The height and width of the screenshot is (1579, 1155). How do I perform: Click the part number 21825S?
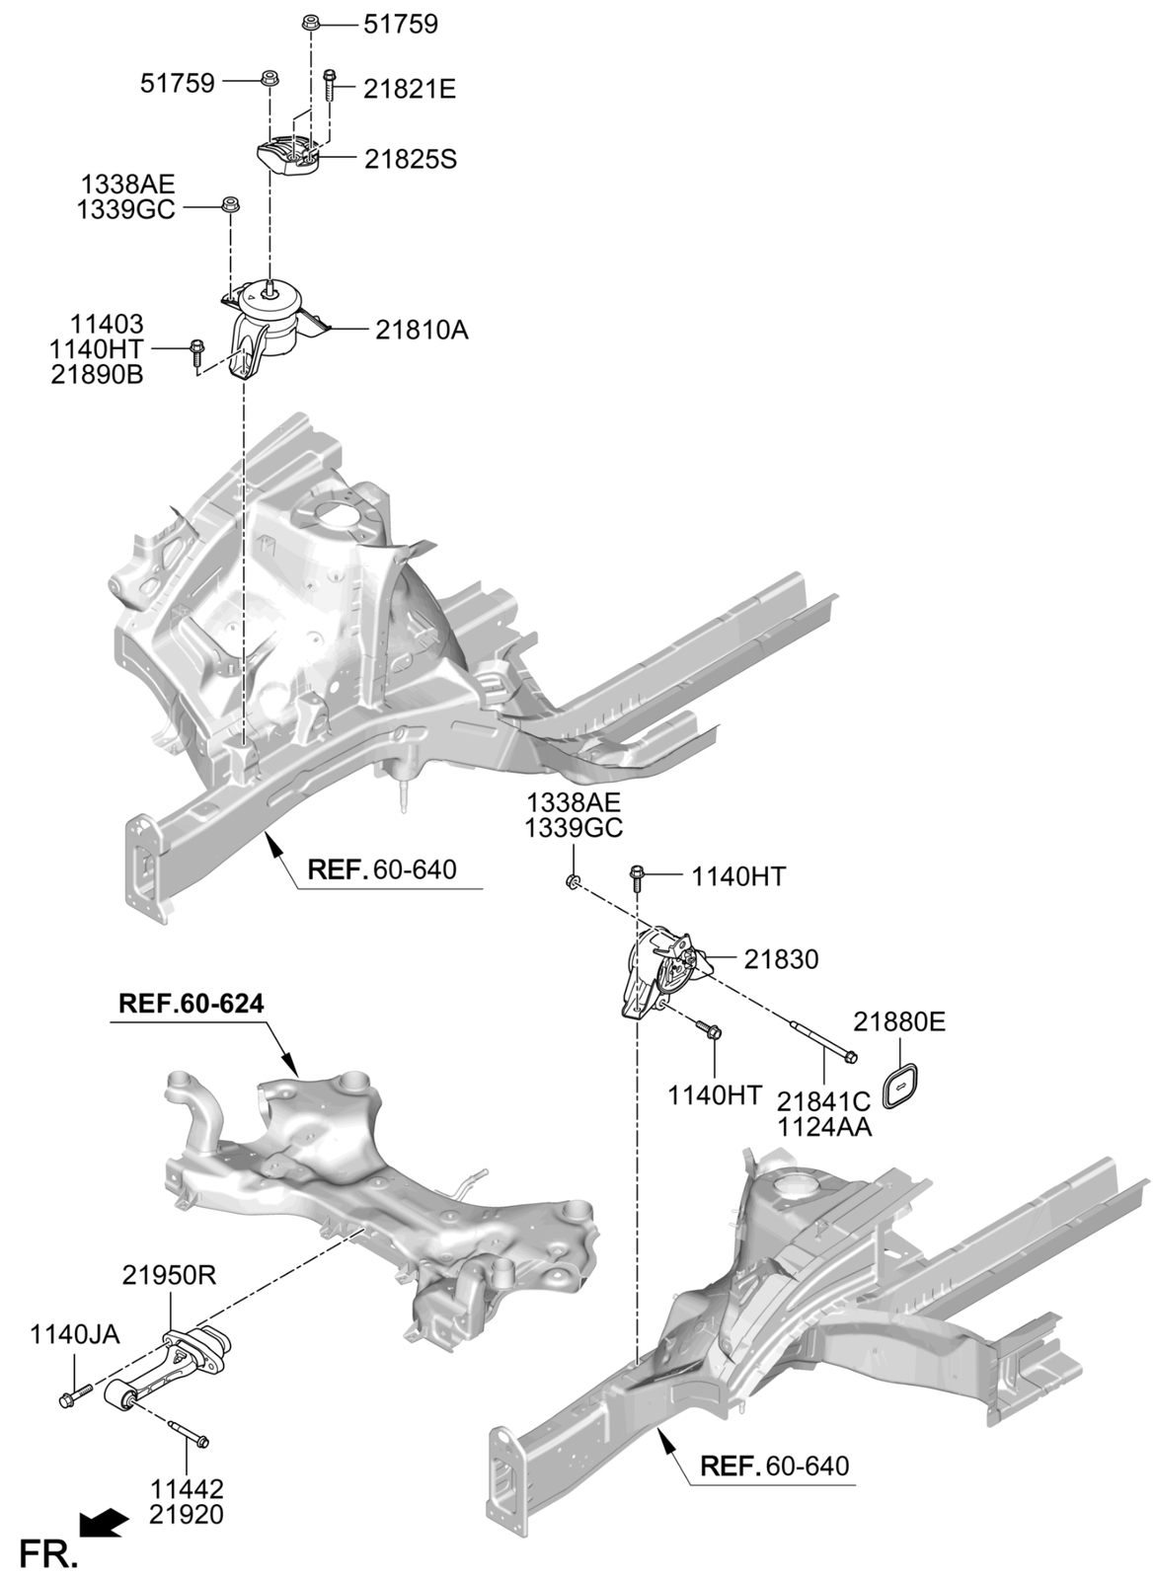coord(411,159)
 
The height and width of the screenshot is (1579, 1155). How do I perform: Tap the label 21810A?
coord(422,331)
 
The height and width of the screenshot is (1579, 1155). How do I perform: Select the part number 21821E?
coord(409,89)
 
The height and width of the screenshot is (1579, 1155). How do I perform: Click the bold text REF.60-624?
coord(192,1005)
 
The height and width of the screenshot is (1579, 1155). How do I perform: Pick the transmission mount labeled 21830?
coord(659,972)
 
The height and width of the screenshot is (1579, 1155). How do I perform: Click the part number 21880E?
coord(899,1021)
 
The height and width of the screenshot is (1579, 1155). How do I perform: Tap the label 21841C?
coord(824,1099)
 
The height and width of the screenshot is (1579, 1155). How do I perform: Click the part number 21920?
coord(187,1514)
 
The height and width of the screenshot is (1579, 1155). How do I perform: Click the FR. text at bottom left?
coord(46,1555)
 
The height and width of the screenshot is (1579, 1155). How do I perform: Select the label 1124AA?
coord(824,1126)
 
